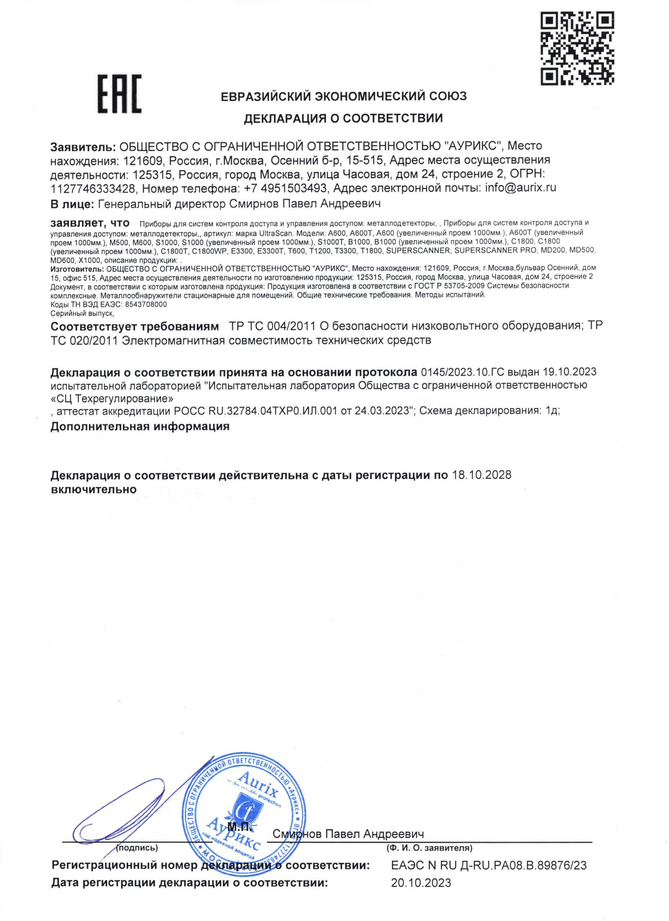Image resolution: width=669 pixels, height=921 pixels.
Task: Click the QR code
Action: point(578,48)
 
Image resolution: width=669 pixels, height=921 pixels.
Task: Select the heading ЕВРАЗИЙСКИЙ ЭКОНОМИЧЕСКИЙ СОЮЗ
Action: point(343,97)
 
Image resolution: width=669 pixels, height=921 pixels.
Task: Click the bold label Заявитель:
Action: point(83,146)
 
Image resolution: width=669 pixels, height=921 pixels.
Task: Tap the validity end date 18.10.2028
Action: point(481,475)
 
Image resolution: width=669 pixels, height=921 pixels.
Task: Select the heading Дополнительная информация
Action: point(140,426)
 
